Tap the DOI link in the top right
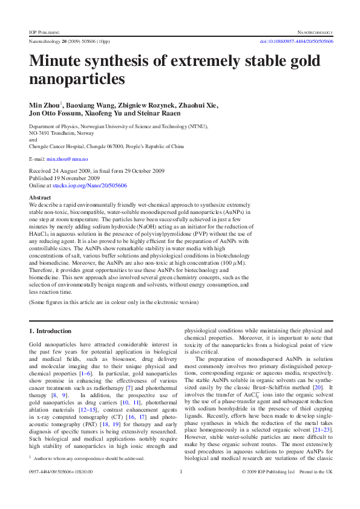point(296,42)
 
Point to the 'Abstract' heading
point(40,198)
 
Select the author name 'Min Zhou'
point(44,105)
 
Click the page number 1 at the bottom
point(181,488)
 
